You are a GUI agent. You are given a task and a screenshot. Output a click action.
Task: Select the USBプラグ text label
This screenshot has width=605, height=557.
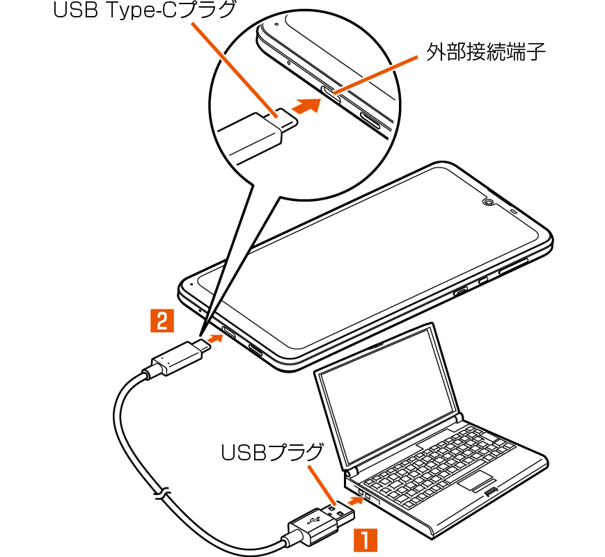tap(272, 453)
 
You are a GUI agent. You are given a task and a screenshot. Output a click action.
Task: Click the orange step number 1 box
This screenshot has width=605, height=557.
tap(367, 540)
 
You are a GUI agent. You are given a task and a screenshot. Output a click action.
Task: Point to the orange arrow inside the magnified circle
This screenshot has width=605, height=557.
tap(306, 106)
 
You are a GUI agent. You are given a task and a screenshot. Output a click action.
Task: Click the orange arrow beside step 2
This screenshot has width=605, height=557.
tap(214, 338)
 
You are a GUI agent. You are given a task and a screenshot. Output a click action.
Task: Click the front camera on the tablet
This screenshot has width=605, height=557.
tap(487, 202)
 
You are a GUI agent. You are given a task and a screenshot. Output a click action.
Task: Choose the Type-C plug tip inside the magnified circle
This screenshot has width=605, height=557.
tap(287, 118)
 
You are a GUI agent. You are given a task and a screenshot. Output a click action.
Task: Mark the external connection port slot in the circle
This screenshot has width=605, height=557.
tap(331, 92)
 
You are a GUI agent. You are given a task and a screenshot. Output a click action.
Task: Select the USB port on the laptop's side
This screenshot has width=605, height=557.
tap(361, 495)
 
